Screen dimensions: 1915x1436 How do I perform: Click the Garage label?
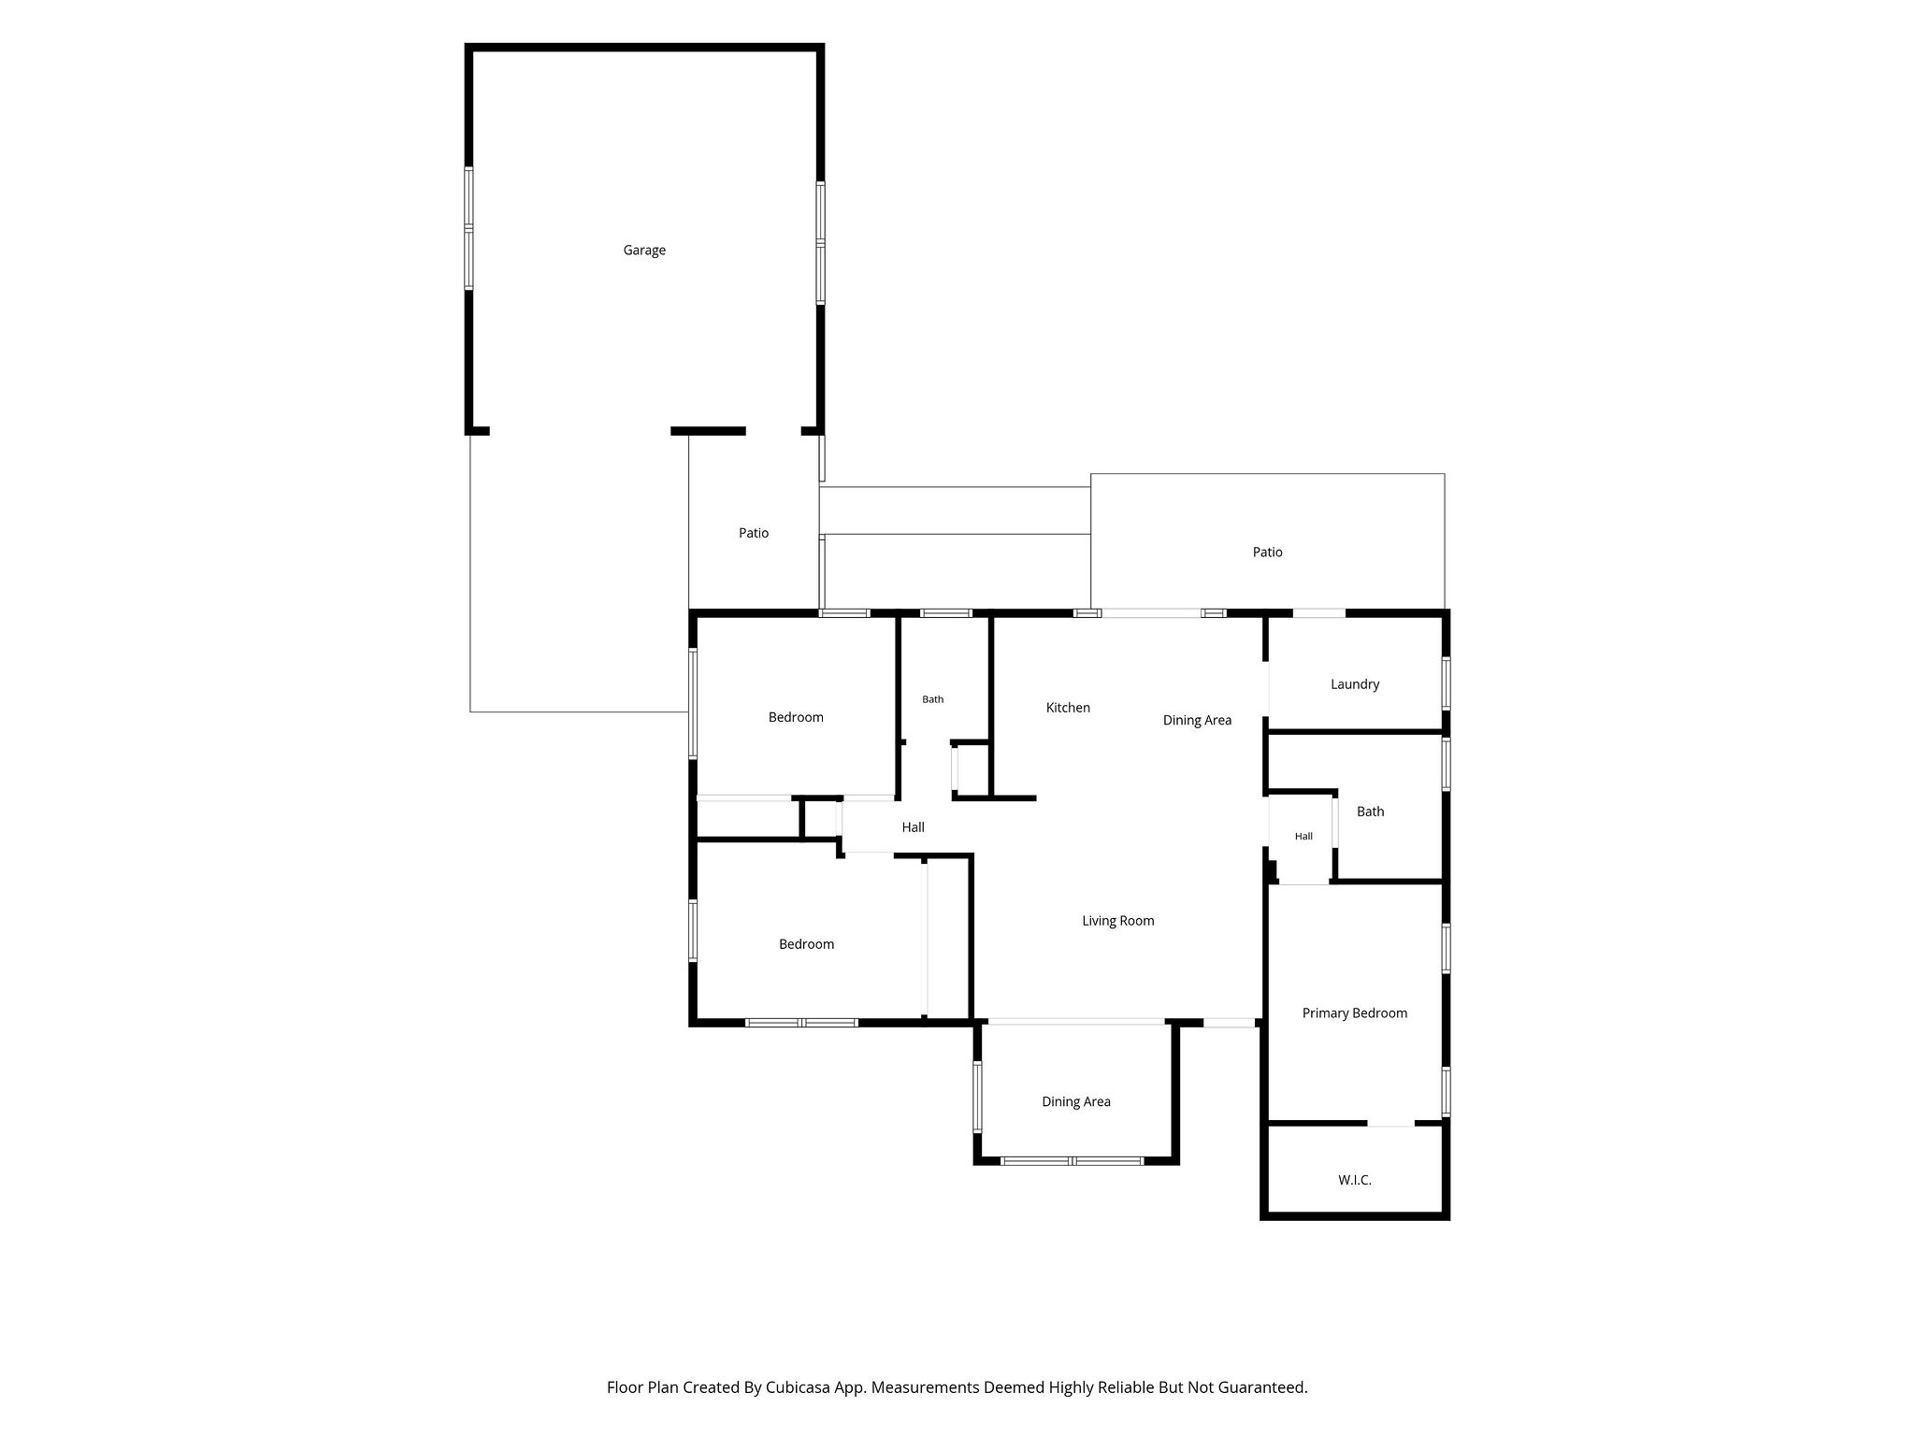[644, 251]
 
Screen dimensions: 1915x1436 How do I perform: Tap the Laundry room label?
[1355, 684]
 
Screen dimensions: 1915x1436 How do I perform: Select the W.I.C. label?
[1355, 1180]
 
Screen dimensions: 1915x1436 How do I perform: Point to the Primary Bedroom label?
[1355, 1013]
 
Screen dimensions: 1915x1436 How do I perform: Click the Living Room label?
[1118, 921]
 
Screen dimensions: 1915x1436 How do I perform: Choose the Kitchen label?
[1068, 708]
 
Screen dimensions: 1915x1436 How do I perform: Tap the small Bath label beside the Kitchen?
[933, 699]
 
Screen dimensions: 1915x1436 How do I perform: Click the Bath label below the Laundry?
[1371, 811]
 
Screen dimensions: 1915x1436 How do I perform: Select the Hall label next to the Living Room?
[914, 827]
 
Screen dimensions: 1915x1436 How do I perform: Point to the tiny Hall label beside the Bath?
[1303, 836]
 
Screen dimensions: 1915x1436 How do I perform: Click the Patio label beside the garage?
[754, 533]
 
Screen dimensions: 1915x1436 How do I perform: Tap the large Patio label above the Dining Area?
[1268, 553]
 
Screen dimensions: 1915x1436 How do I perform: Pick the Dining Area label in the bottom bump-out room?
[1076, 1102]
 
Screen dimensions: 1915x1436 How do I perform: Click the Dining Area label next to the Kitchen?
[1197, 721]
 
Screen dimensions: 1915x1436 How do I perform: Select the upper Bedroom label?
[796, 718]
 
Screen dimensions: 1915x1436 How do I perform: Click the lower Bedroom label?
[806, 944]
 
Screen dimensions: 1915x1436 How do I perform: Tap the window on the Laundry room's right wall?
[1446, 683]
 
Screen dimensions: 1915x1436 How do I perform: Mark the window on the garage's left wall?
[468, 228]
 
